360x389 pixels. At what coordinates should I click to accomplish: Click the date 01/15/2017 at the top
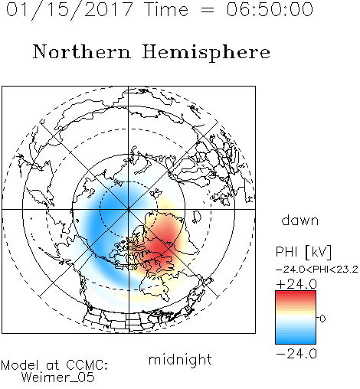(x=69, y=10)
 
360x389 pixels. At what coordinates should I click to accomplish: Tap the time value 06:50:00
(x=270, y=9)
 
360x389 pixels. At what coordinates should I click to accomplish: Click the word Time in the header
(x=166, y=9)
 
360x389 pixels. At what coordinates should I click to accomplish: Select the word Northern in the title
(x=82, y=51)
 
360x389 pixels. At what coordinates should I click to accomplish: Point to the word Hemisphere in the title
(x=206, y=53)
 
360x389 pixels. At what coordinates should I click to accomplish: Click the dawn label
(x=300, y=220)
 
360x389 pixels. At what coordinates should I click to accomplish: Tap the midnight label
(x=180, y=359)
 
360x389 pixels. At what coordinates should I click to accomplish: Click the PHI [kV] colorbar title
(x=303, y=252)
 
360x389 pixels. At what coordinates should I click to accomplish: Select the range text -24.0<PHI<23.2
(x=317, y=270)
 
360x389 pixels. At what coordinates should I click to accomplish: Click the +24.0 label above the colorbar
(x=296, y=284)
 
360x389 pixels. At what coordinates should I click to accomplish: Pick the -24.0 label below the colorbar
(x=296, y=354)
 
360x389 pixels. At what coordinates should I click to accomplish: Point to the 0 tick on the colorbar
(x=322, y=319)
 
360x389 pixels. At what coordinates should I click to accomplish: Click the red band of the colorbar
(x=296, y=296)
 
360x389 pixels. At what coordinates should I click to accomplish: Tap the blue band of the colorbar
(x=296, y=337)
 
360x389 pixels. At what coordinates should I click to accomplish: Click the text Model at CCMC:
(x=54, y=365)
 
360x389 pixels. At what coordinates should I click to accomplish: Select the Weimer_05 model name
(x=57, y=378)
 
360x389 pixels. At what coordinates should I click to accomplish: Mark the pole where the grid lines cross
(x=129, y=209)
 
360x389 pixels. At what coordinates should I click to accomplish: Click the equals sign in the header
(x=208, y=10)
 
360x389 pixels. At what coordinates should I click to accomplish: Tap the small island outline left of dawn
(x=197, y=217)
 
